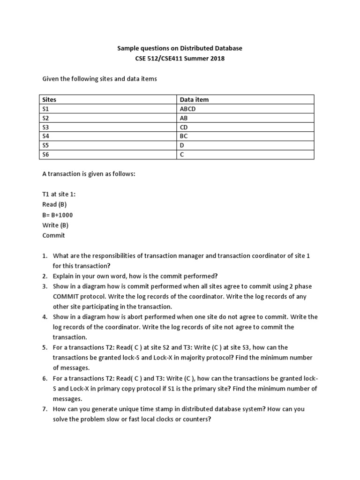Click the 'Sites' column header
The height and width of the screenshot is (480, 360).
pyautogui.click(x=49, y=99)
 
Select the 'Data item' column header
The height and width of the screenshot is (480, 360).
pyautogui.click(x=194, y=99)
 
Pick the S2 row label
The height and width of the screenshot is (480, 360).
pyautogui.click(x=45, y=118)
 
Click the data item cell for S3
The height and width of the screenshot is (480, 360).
pyautogui.click(x=183, y=127)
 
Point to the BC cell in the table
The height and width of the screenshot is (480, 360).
pyautogui.click(x=183, y=136)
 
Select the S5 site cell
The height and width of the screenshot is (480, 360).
pyautogui.click(x=45, y=145)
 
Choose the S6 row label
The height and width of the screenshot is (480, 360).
pyautogui.click(x=45, y=155)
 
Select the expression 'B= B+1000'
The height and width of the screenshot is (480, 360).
pyautogui.click(x=58, y=215)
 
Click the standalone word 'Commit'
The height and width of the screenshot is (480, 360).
pyautogui.click(x=53, y=235)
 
